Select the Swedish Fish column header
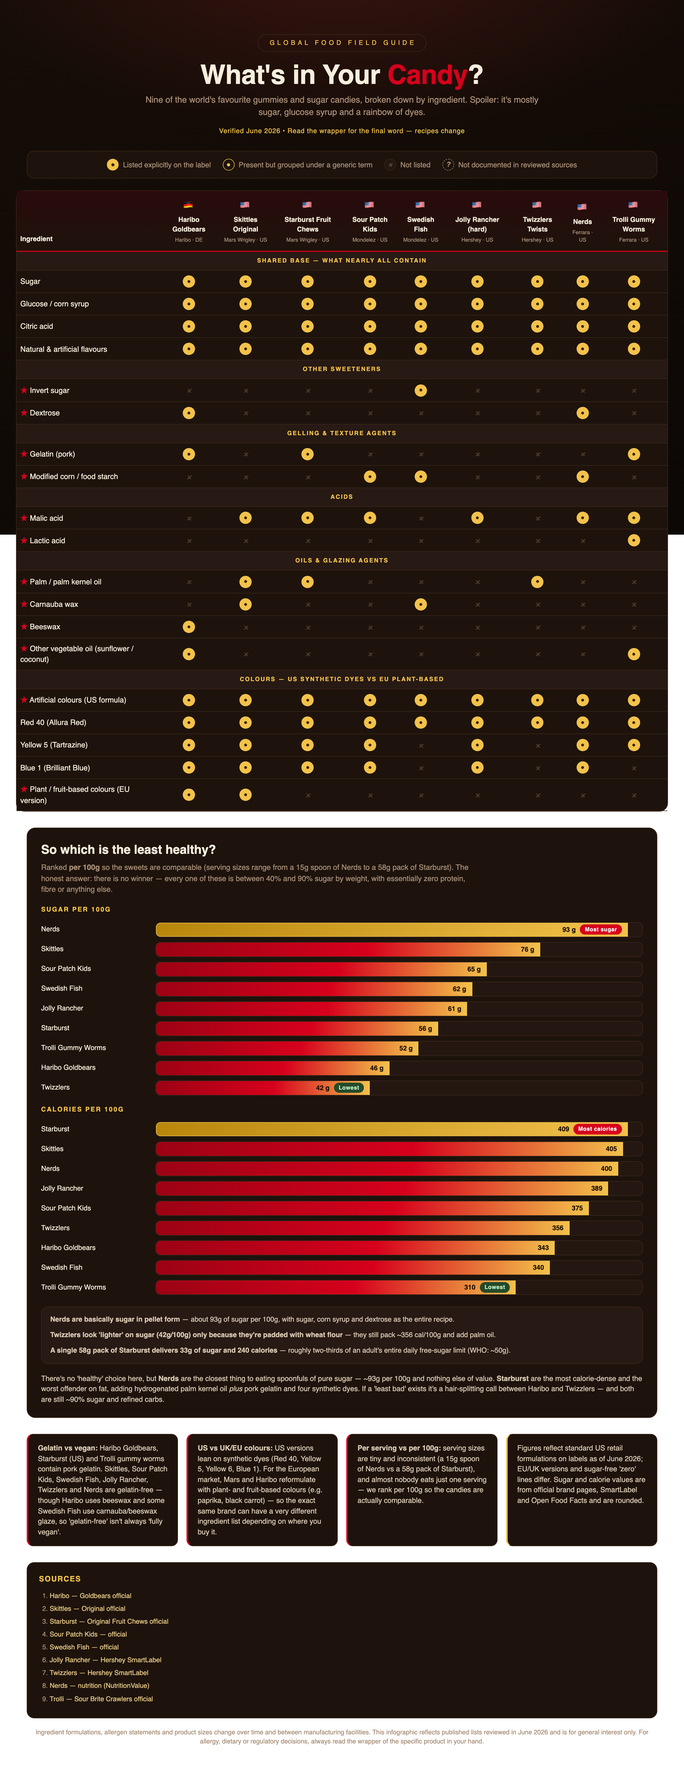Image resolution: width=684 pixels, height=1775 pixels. [x=420, y=224]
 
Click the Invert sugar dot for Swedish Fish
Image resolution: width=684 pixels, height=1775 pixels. [x=420, y=391]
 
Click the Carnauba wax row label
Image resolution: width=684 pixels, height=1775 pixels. [x=54, y=604]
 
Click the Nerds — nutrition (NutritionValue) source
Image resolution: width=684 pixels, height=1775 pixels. [x=99, y=1685]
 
